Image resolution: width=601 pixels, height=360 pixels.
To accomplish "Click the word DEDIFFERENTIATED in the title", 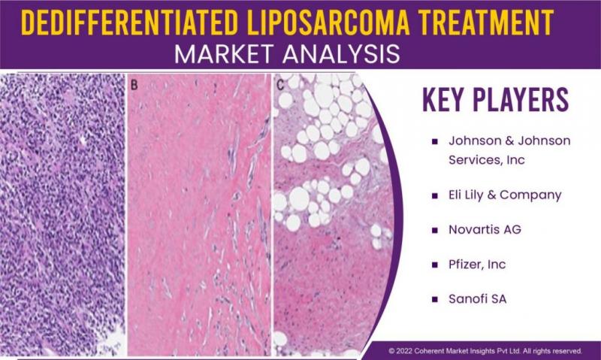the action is point(129,23).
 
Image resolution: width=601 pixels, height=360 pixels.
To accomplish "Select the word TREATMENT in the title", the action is point(487,23).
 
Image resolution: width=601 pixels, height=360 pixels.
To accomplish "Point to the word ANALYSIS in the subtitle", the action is point(342,54).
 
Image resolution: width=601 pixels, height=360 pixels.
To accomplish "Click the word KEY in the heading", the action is point(443,100).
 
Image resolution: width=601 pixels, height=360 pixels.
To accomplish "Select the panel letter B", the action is point(134,85).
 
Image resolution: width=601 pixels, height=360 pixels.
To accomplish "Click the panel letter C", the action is point(280,85).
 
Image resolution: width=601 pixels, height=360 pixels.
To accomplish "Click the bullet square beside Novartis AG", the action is point(435,231).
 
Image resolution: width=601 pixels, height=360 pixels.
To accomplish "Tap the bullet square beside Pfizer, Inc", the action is point(435,265).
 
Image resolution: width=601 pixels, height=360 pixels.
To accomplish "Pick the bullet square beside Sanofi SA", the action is point(435,299).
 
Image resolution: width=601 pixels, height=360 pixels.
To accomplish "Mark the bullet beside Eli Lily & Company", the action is point(435,196).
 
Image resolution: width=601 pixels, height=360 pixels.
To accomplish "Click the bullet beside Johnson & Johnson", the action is point(435,141).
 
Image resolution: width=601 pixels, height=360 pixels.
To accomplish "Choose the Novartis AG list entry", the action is point(485,230).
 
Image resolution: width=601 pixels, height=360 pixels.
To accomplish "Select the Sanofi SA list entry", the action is point(478,298).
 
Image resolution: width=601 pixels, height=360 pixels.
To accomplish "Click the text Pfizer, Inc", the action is point(477,265).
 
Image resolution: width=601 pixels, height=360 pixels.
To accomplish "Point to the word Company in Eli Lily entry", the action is point(530,195).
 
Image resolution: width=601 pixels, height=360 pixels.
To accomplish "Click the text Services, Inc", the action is point(487,160).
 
